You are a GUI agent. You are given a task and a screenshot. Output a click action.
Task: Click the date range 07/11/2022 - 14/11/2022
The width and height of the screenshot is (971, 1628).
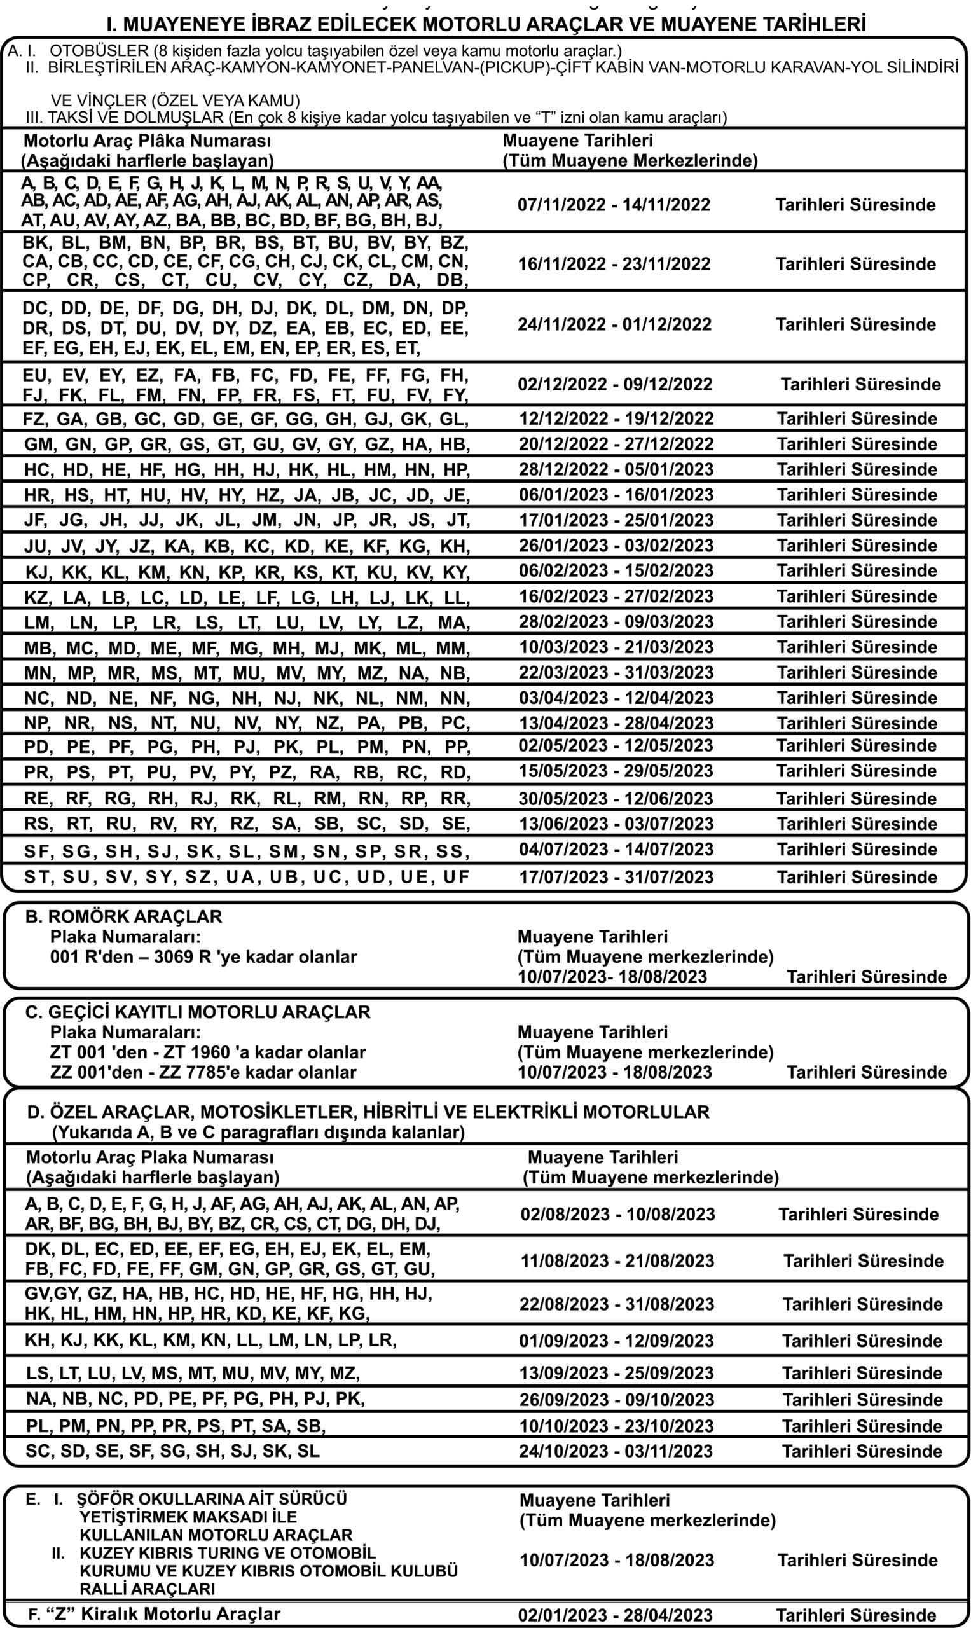tap(613, 205)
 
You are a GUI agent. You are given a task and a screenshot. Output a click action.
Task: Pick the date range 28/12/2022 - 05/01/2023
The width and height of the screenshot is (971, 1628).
tap(616, 469)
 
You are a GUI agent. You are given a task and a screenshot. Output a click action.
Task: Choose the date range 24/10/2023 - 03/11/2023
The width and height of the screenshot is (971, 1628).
tap(615, 1451)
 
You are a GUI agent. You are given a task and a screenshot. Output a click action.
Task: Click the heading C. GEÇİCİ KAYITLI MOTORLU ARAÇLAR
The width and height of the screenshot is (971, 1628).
tap(198, 1012)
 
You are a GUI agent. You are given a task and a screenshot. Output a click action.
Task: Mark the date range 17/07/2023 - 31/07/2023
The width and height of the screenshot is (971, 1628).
tap(616, 877)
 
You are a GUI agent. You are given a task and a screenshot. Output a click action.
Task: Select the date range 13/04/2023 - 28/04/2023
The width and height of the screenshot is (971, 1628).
tap(616, 723)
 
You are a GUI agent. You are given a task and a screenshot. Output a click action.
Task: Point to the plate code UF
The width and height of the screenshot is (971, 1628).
tap(456, 877)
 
